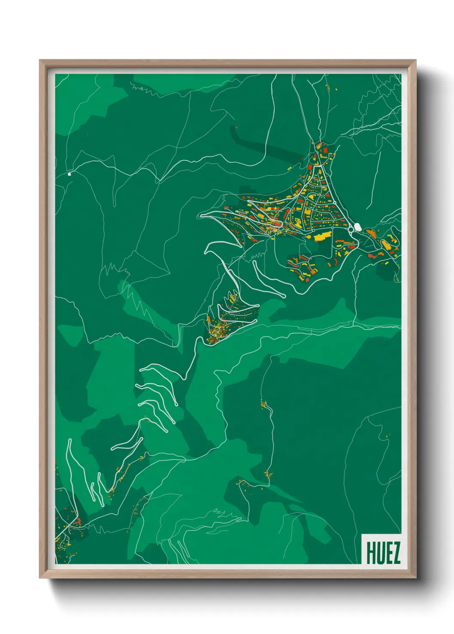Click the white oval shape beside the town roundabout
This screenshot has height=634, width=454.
[357, 227]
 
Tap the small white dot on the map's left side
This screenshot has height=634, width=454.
[70, 174]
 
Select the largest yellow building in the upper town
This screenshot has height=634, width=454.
[323, 236]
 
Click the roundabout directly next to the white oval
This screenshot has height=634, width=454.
[351, 230]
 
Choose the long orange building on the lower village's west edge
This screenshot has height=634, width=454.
[209, 320]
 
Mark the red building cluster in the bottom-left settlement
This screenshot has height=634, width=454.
[78, 521]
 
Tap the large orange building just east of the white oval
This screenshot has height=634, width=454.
[371, 233]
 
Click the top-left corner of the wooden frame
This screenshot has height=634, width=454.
[40, 60]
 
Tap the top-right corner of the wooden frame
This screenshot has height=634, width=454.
[416, 60]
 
